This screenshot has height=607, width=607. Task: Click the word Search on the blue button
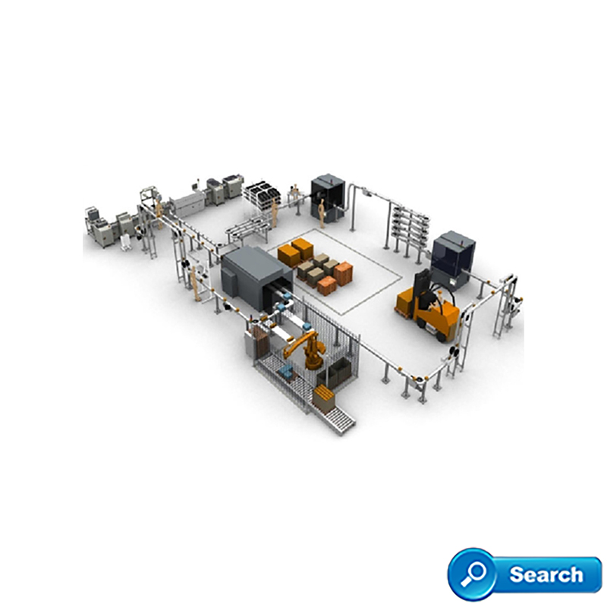[x=546, y=574]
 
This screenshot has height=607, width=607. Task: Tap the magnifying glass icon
[x=473, y=574]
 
